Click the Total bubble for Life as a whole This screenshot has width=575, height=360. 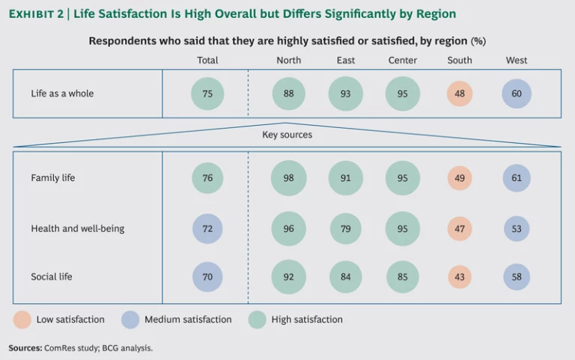(x=207, y=94)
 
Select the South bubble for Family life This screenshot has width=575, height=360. (x=460, y=178)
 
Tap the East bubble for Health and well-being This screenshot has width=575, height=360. (x=345, y=228)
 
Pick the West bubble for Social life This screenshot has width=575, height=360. (x=517, y=277)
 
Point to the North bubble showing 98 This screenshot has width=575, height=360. (x=289, y=178)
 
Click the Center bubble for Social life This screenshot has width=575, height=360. (x=403, y=277)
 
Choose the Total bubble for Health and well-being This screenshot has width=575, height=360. (x=207, y=228)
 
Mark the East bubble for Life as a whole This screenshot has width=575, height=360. (x=345, y=94)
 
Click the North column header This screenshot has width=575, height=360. (x=289, y=61)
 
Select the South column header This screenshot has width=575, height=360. (x=460, y=61)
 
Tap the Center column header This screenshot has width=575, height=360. (x=403, y=61)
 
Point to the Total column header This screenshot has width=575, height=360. (x=207, y=61)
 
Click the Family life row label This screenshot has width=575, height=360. (x=53, y=178)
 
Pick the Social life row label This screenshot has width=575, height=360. (x=52, y=277)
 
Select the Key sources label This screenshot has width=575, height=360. (x=287, y=135)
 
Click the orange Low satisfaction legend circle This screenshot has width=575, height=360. (x=22, y=320)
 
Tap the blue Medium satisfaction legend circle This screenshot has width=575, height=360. (x=132, y=320)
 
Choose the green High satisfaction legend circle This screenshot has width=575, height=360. (x=258, y=320)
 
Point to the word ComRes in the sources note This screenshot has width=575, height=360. (x=59, y=348)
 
